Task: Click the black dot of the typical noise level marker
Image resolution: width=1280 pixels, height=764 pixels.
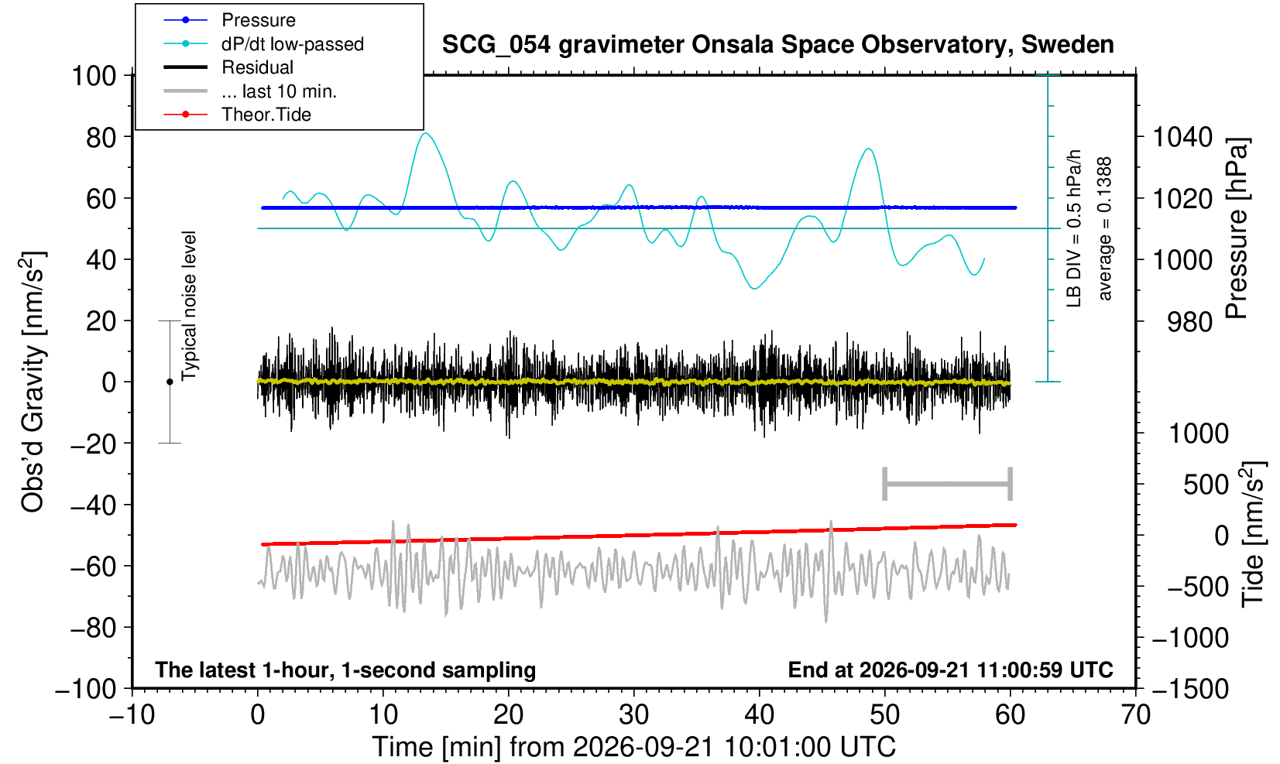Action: click(170, 382)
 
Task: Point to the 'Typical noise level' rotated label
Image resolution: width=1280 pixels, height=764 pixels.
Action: click(189, 306)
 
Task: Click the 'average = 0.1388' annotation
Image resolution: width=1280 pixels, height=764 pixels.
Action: click(1105, 228)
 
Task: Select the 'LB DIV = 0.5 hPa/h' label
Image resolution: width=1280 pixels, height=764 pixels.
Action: click(1074, 228)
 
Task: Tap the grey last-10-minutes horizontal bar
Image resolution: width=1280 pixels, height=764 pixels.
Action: click(948, 484)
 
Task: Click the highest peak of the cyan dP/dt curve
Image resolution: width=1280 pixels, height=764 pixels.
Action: click(426, 133)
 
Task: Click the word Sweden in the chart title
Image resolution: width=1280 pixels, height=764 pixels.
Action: click(1067, 45)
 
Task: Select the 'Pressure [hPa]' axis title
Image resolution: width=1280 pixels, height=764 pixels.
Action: click(1237, 228)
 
